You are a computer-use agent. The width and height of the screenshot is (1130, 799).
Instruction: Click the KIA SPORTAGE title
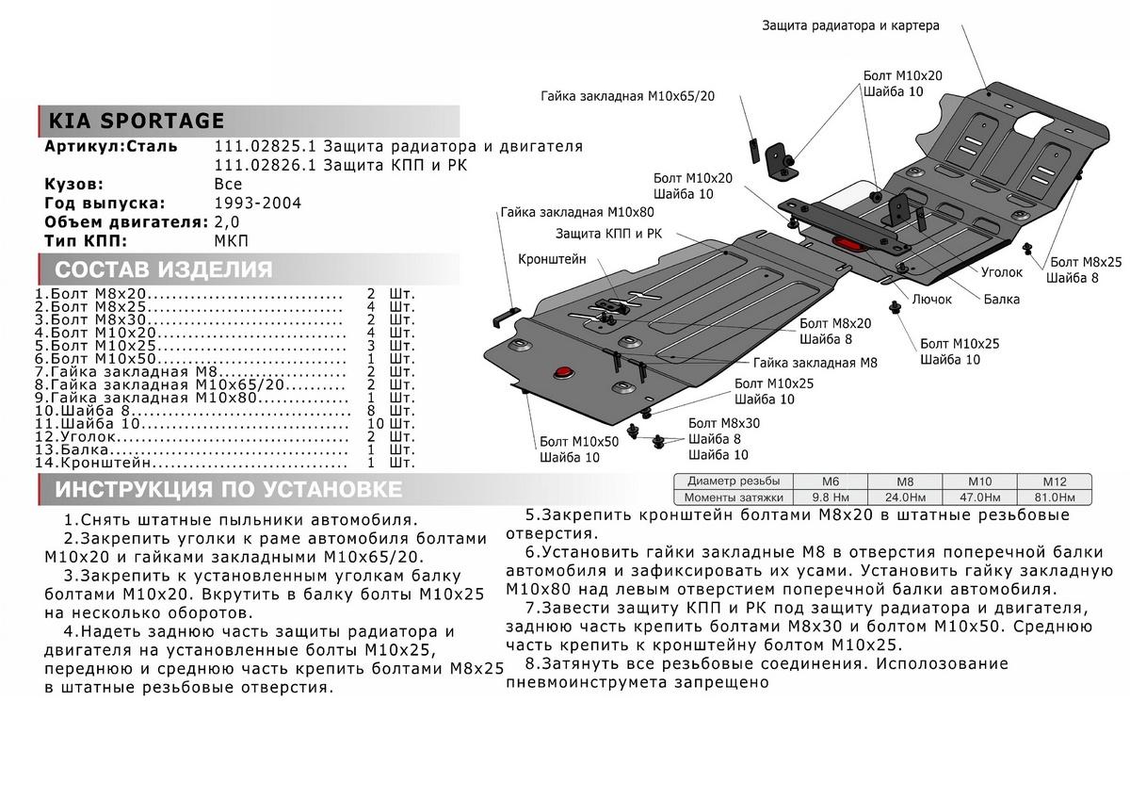tap(137, 121)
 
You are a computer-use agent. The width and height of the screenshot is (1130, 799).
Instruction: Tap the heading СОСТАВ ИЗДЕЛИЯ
tap(164, 270)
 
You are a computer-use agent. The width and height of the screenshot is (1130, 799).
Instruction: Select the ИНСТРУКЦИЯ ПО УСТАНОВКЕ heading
tap(228, 490)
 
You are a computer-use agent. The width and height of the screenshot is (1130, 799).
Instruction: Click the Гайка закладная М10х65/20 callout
tap(628, 96)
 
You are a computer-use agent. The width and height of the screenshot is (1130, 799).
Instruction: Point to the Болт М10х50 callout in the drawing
tap(579, 441)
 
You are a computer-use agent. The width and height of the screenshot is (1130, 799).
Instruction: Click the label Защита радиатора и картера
tap(850, 26)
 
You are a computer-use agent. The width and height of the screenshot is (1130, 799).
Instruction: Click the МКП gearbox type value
tap(231, 241)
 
